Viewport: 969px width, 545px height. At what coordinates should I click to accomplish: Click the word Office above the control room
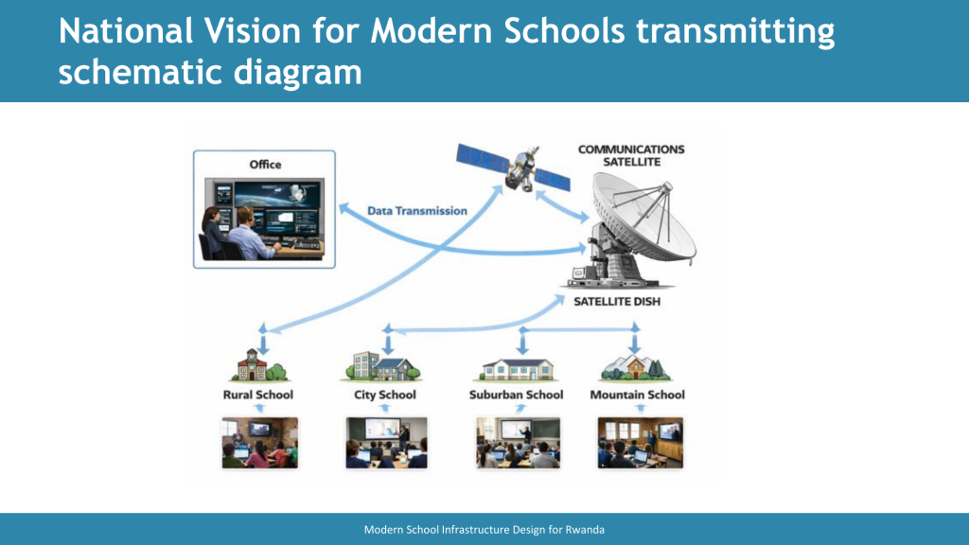(265, 165)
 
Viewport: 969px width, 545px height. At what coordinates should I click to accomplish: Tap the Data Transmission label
(417, 211)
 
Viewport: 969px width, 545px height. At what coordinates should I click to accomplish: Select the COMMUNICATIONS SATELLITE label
(631, 156)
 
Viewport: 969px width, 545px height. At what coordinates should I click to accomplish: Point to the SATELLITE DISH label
(617, 302)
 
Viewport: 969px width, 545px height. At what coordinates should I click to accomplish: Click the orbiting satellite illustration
(514, 167)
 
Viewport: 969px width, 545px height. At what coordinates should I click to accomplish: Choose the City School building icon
(380, 366)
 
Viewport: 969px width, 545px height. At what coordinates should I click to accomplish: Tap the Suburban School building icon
(518, 370)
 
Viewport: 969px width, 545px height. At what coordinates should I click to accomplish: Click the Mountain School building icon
(635, 368)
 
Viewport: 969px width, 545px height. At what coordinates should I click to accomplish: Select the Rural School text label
(257, 395)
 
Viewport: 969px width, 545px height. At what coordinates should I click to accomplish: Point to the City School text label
(384, 395)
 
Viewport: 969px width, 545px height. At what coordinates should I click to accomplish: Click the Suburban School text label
(516, 395)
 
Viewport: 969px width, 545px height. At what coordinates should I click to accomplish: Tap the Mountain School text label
(637, 395)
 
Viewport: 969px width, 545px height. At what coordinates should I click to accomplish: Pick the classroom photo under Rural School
(259, 443)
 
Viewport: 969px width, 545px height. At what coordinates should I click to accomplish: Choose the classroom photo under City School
(386, 443)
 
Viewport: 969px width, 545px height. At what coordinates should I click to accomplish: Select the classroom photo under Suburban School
(518, 443)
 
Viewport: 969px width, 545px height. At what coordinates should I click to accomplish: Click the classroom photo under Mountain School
(641, 443)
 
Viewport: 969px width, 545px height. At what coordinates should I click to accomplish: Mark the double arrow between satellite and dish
(562, 205)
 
